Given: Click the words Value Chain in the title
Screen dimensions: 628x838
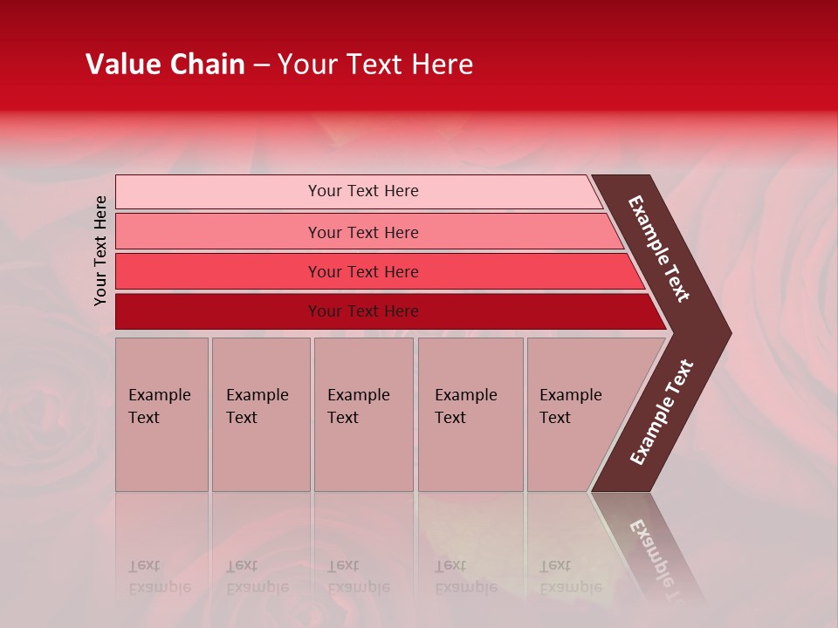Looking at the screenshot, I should click(x=165, y=65).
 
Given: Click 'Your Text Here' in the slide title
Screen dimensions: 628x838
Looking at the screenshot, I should click(x=375, y=65).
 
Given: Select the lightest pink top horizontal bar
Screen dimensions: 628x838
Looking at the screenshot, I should click(x=218, y=192).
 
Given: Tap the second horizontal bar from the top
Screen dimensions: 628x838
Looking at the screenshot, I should click(x=218, y=232).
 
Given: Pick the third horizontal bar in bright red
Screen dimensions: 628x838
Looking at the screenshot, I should click(x=218, y=271).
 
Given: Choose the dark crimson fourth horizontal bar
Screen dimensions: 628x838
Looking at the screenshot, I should click(x=218, y=311).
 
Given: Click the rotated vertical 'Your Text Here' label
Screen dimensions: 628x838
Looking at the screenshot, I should click(x=100, y=250).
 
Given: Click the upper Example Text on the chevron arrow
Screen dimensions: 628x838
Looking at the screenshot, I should click(x=660, y=249).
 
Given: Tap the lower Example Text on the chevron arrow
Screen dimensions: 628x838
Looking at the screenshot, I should click(x=662, y=413).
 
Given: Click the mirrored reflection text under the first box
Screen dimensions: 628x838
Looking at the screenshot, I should click(x=159, y=577).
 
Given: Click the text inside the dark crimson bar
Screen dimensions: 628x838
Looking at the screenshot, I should click(x=363, y=311).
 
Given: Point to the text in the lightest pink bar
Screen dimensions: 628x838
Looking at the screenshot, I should click(x=363, y=191).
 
